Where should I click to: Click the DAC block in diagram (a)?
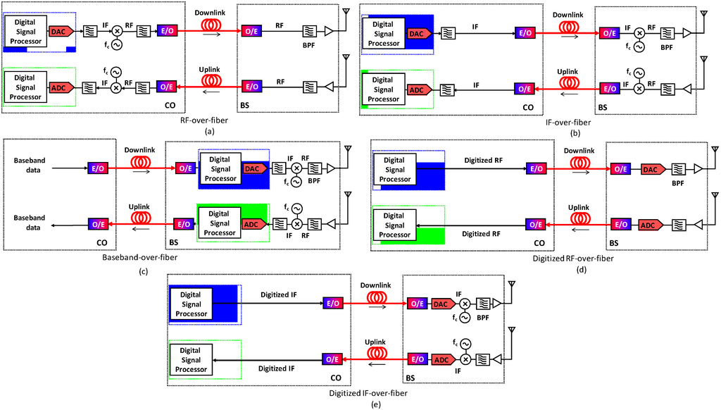pos(58,31)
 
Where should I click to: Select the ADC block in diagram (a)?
pos(58,87)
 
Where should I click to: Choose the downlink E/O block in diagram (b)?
pos(524,32)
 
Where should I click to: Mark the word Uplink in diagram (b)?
pos(568,71)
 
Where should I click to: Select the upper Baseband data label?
pos(29,165)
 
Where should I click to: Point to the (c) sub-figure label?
pos(143,272)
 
